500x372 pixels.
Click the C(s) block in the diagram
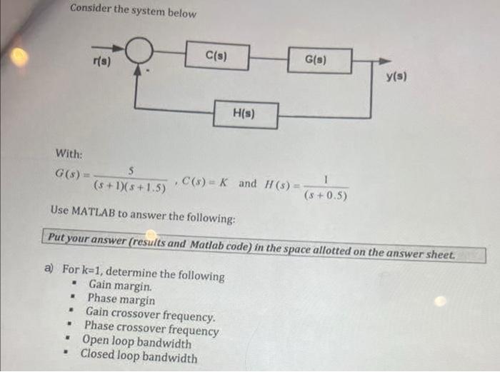(216, 56)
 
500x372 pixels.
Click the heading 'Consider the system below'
(133, 11)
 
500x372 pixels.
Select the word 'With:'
(69, 154)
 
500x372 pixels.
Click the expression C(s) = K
(205, 183)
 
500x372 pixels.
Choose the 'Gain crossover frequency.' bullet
(149, 315)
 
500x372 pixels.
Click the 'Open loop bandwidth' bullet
(136, 342)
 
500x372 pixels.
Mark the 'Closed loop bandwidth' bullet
(139, 356)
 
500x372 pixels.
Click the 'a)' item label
(49, 270)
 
